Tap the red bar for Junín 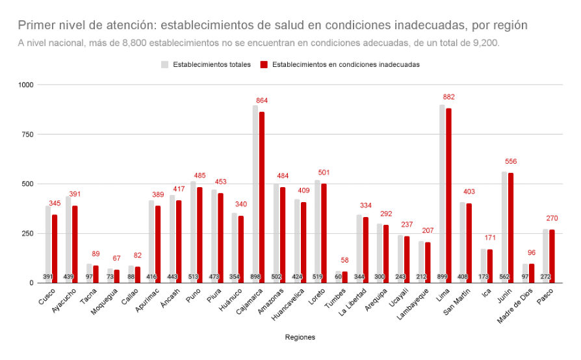[511, 227]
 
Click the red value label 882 [448, 97]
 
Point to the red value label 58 [345, 260]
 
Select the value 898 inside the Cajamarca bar [255, 277]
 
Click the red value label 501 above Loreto [324, 172]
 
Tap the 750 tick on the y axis [26, 135]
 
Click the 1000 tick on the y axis [25, 85]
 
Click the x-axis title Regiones [300, 337]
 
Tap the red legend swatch [263, 65]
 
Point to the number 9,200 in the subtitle [484, 43]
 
